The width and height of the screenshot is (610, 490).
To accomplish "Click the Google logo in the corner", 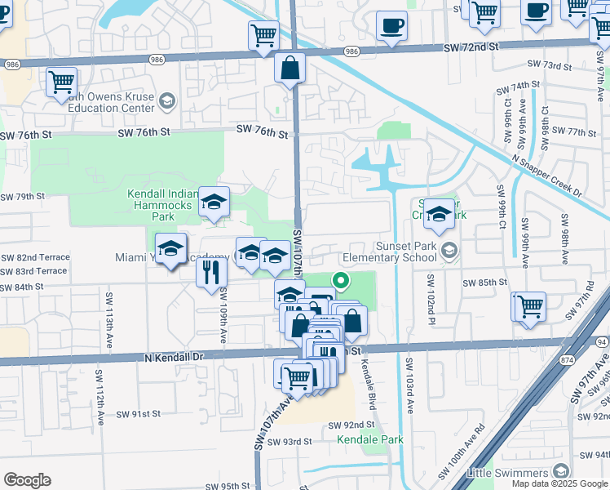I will pos(27,479).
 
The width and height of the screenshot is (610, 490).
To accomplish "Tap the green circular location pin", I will pos(341,283).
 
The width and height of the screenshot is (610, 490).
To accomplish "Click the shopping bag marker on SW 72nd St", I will pos(290,69).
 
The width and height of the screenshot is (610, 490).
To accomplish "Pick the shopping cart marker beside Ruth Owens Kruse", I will pos(61,82).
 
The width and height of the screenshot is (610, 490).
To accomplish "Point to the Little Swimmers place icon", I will pos(560,471).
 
